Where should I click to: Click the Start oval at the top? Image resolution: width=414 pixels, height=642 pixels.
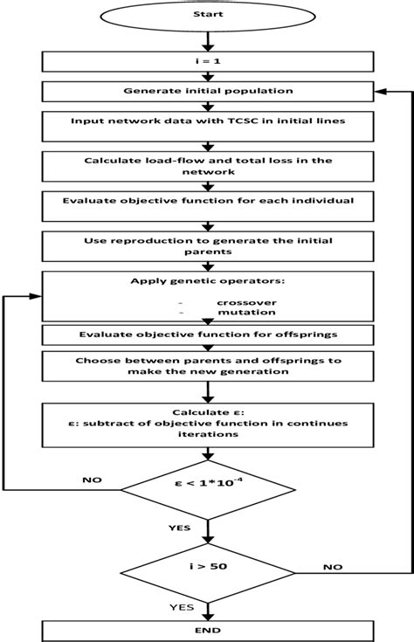tap(207, 15)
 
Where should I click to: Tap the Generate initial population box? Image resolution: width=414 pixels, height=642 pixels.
tap(207, 90)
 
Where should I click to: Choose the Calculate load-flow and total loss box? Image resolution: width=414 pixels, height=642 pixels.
tap(207, 166)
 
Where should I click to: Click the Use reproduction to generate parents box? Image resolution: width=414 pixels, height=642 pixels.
tap(207, 245)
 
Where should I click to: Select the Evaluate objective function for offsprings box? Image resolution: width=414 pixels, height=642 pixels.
tap(207, 334)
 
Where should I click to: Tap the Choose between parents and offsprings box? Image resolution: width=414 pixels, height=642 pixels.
tap(207, 365)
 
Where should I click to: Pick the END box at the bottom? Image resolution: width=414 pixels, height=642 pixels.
tap(207, 629)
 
